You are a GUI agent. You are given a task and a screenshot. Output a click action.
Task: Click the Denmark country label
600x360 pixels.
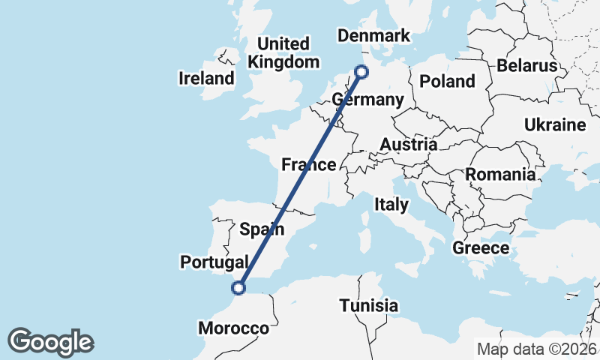(x=374, y=36)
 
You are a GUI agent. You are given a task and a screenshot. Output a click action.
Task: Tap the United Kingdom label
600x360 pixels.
(x=283, y=52)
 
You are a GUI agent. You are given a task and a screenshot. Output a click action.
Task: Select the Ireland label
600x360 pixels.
(x=206, y=78)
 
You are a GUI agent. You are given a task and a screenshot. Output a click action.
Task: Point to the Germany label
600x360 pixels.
(x=367, y=100)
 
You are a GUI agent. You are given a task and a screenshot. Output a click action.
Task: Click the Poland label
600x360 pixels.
(x=448, y=81)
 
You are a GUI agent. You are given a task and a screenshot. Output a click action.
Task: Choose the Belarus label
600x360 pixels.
(x=527, y=66)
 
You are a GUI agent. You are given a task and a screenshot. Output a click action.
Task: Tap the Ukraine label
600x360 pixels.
(x=555, y=124)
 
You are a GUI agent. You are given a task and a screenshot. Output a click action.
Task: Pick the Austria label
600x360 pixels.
(x=409, y=144)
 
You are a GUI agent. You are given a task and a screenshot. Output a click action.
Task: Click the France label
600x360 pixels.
(x=308, y=165)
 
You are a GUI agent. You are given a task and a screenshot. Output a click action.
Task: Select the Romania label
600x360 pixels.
(x=501, y=175)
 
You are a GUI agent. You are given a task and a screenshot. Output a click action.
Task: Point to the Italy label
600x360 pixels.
(x=391, y=204)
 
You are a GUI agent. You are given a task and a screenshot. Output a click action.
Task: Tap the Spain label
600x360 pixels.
(x=262, y=229)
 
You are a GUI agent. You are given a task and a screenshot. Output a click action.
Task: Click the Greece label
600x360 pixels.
(x=481, y=247)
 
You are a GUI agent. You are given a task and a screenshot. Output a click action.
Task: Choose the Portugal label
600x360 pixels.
(x=214, y=262)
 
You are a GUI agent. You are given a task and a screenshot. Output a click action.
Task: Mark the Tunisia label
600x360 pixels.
(x=368, y=306)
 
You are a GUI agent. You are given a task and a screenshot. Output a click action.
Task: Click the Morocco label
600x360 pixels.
(x=233, y=328)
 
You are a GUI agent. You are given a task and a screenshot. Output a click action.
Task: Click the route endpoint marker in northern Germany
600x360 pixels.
(x=362, y=72)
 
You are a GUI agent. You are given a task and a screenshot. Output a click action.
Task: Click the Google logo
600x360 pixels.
(x=50, y=342)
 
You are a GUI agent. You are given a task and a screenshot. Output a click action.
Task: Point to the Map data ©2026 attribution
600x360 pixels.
(x=537, y=349)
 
